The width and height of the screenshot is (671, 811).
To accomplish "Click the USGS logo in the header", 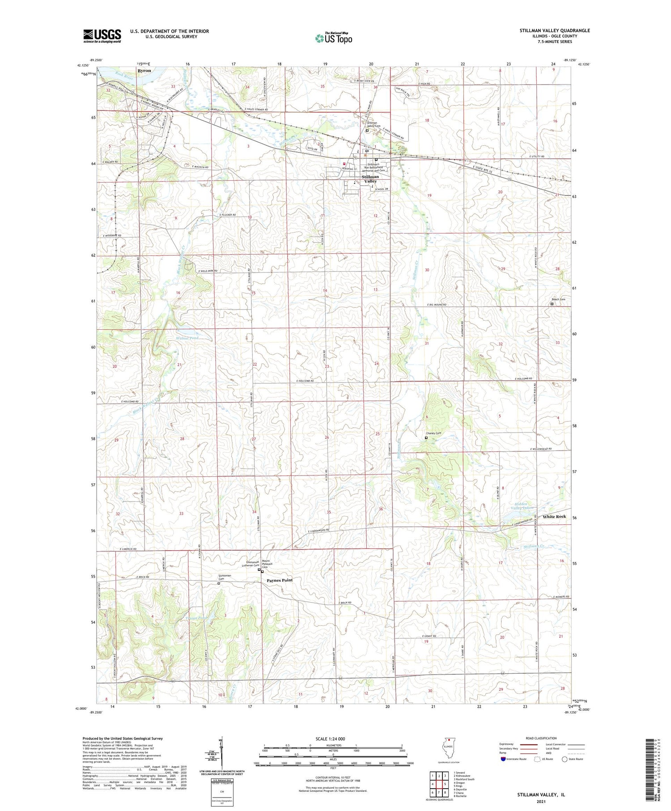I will point(102,36).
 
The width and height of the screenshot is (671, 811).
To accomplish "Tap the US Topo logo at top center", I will point(333,38).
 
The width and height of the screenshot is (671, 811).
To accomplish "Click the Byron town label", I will point(144,71).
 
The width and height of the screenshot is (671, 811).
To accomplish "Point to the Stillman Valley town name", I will point(370,179).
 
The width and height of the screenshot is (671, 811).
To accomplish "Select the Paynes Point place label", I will point(280,580).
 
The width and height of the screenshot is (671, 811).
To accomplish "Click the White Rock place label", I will point(554,517).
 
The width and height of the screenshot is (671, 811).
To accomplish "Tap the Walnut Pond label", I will point(187,338).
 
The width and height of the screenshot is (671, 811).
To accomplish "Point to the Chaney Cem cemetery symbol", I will point(426,438).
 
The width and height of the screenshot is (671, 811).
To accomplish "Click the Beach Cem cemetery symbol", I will point(552,304).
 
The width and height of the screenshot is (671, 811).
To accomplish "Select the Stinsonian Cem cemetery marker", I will point(219,583).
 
